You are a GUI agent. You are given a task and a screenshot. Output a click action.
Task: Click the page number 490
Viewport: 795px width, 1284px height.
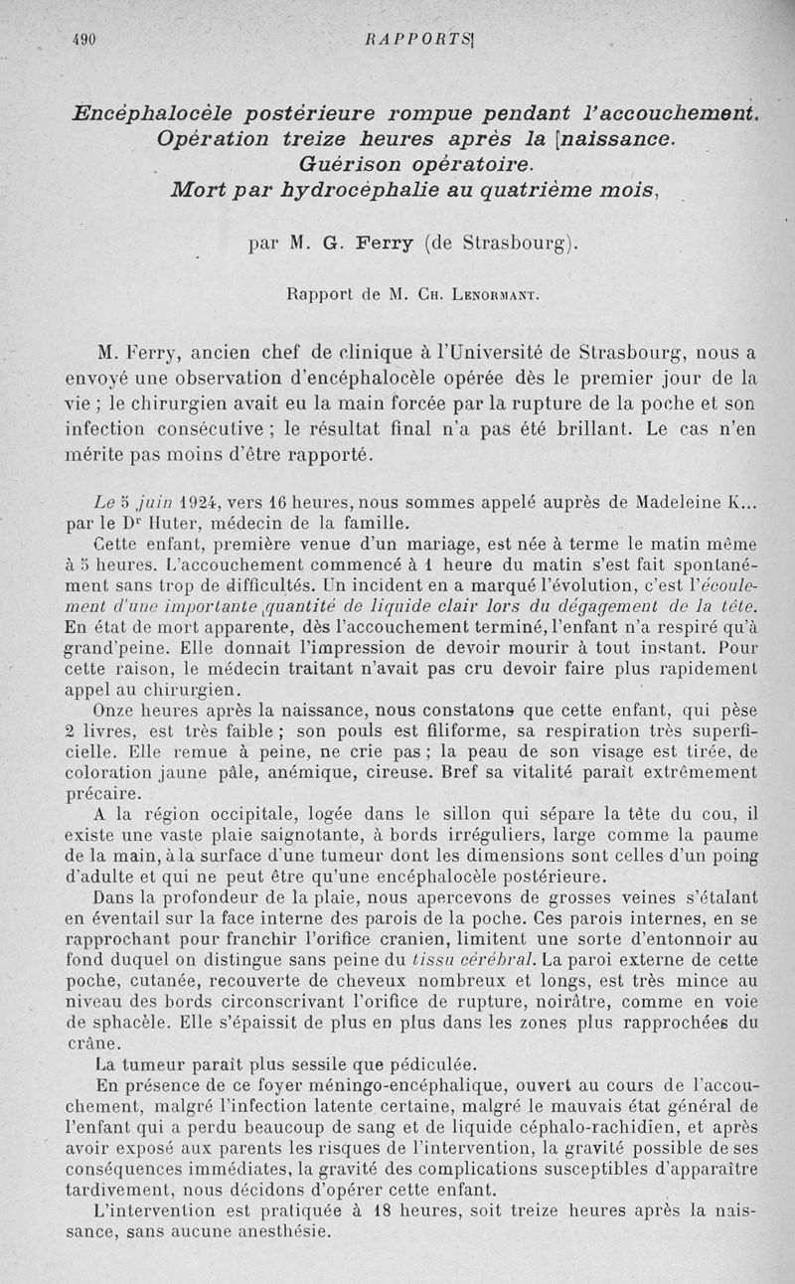pyautogui.click(x=82, y=40)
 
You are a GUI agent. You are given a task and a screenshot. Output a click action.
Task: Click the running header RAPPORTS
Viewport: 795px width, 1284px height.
pyautogui.click(x=403, y=40)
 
